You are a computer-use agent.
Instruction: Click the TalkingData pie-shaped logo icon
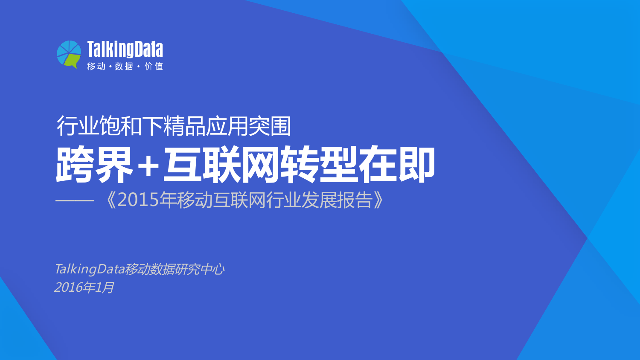pyautogui.click(x=69, y=54)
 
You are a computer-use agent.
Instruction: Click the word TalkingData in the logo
pyautogui.click(x=125, y=49)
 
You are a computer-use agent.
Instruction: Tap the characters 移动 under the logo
pyautogui.click(x=96, y=67)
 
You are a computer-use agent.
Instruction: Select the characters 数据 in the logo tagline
pyautogui.click(x=124, y=67)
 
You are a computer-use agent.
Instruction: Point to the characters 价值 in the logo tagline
pyautogui.click(x=154, y=67)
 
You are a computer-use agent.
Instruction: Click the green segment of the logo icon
pyautogui.click(x=73, y=61)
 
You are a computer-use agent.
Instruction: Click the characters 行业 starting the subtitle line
pyautogui.click(x=78, y=126)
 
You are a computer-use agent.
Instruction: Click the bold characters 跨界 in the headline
pyautogui.click(x=94, y=165)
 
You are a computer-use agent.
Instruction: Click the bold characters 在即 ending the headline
pyautogui.click(x=397, y=165)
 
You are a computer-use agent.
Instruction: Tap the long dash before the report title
pyautogui.click(x=75, y=200)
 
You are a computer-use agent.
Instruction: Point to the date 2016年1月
pyautogui.click(x=84, y=287)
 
